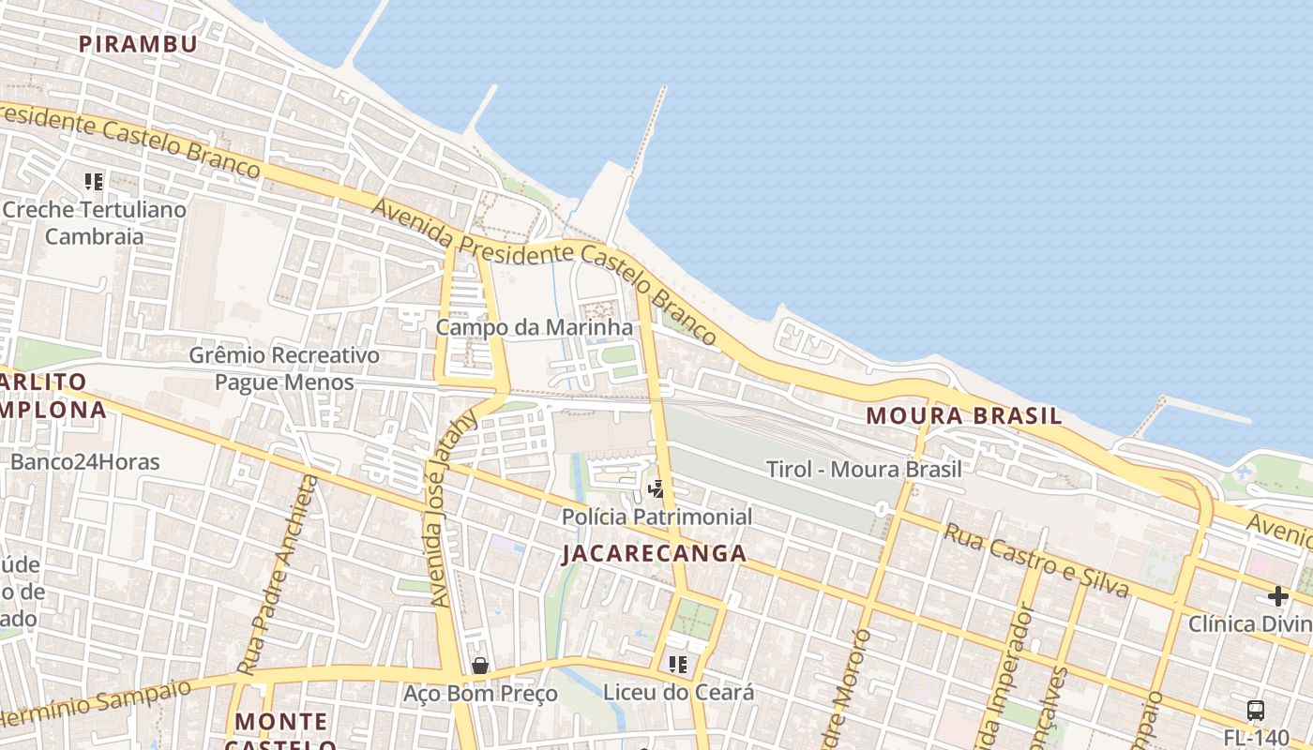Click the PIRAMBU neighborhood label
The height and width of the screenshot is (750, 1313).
138,44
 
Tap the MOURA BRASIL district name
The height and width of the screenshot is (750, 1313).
963,415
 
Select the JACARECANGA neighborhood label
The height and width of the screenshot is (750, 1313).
654,553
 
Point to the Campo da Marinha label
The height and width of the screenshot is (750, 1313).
535,327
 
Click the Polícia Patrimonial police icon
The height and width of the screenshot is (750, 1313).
656,488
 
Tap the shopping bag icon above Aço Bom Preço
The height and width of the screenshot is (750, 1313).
480,666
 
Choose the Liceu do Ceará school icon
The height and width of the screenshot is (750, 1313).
678,665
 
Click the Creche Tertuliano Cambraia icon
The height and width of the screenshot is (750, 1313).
94,181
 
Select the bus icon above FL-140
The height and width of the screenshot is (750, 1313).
1256,711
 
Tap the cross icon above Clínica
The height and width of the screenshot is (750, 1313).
1277,596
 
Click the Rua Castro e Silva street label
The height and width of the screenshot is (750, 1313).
1034,560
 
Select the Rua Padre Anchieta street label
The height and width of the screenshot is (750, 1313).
279,575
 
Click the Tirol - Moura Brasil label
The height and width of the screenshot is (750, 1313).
864,469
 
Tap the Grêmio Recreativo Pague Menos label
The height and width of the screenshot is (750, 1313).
284,368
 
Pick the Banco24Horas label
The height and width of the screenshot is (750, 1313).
85,461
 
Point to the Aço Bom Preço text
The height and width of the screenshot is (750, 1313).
480,694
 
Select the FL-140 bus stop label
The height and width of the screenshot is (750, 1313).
1257,738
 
